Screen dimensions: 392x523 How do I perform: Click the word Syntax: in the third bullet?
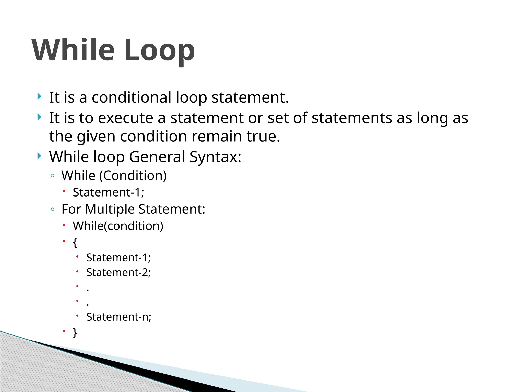[x=215, y=157]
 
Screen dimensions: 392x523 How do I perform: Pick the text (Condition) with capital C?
[x=133, y=176]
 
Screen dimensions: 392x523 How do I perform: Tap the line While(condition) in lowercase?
[x=118, y=226]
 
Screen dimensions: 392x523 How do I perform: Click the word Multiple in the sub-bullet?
[x=110, y=209]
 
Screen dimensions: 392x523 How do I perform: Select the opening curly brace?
[x=75, y=242]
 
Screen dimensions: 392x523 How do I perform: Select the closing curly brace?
[x=75, y=333]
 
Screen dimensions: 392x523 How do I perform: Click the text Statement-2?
[x=118, y=273]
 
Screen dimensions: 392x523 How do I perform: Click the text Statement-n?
[x=119, y=317]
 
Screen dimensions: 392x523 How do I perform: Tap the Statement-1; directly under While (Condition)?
[x=108, y=192]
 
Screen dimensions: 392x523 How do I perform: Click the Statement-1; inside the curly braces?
[x=118, y=258]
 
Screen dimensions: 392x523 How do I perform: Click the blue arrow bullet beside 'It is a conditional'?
[x=39, y=96]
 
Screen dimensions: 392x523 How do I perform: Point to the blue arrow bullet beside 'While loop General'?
[x=39, y=156]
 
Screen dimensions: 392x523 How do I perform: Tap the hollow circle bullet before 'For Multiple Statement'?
[x=52, y=210]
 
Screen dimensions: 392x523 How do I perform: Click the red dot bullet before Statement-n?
[x=77, y=316]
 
